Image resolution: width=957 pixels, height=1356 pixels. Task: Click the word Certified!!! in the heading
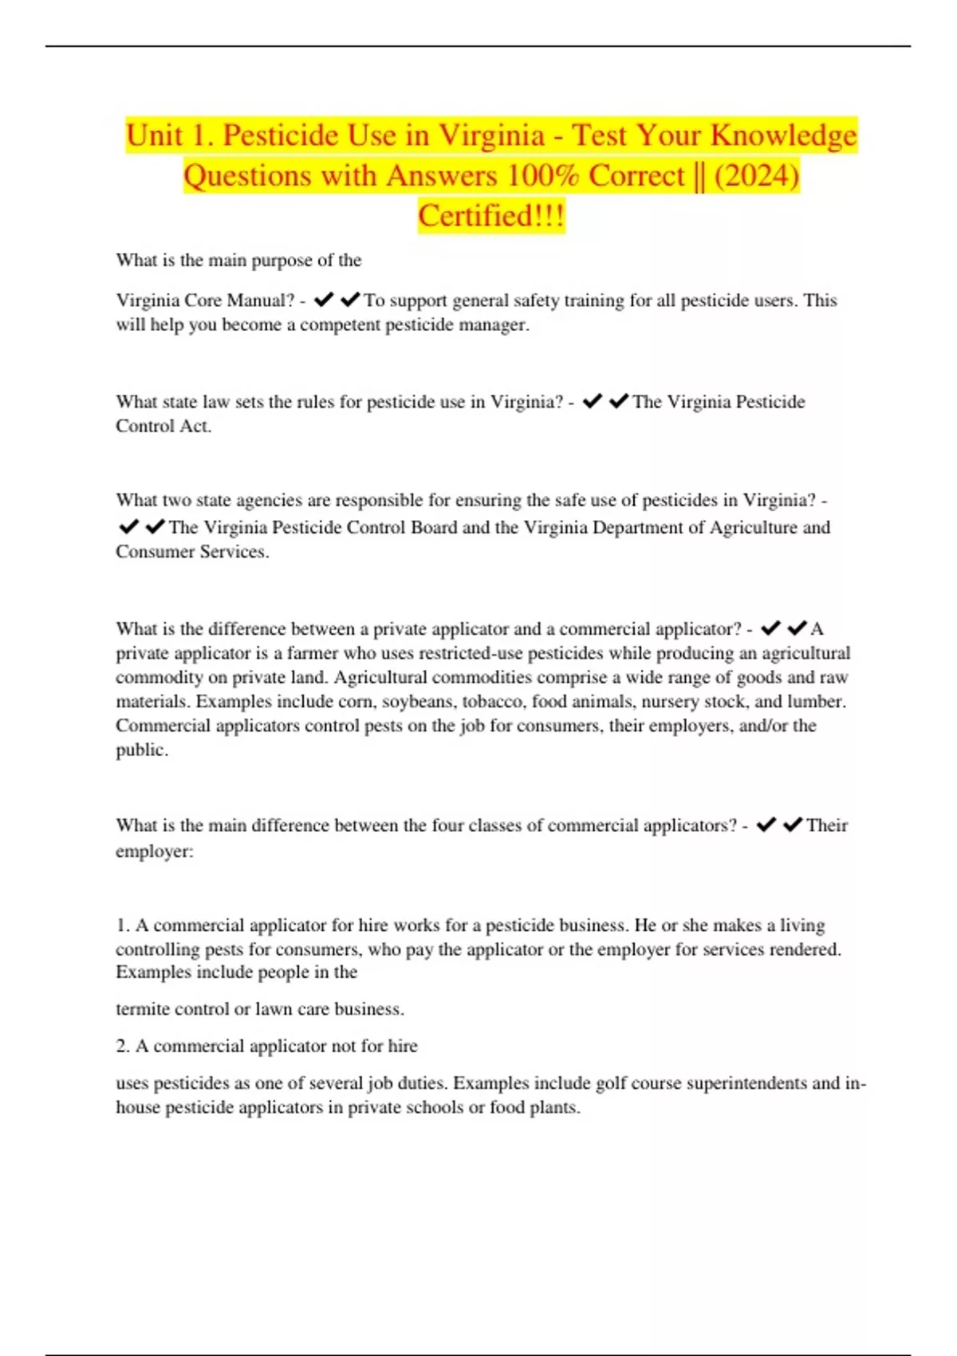(x=491, y=216)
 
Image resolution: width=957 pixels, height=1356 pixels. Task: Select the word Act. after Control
(x=196, y=426)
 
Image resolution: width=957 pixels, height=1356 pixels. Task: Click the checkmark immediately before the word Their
(x=793, y=825)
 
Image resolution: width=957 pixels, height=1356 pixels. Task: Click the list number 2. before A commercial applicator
(x=123, y=1046)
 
